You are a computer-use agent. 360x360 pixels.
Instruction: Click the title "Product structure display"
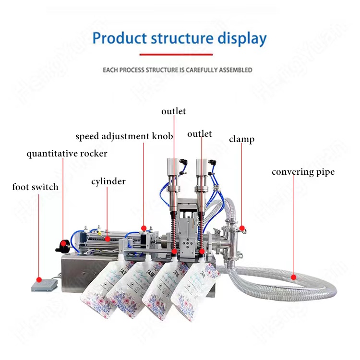180,38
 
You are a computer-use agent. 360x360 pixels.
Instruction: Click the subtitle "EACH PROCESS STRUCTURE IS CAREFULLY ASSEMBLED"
178,70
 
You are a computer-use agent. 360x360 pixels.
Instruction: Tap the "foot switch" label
35,187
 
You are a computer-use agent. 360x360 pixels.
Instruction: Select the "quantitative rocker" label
67,154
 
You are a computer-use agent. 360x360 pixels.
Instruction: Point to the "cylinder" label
108,181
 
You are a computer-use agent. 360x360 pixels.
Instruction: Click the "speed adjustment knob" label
124,136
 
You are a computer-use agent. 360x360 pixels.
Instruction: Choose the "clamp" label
241,139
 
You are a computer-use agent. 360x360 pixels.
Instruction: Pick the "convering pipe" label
303,172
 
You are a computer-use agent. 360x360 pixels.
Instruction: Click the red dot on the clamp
242,228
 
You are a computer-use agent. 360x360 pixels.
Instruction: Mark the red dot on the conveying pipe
293,276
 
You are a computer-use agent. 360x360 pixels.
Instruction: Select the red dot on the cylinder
108,238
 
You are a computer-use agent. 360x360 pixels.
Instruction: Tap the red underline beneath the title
180,54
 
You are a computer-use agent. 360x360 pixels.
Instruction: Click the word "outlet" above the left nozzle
173,111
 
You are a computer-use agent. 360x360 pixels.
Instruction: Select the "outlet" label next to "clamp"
200,134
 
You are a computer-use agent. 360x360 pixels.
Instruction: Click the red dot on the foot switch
39,278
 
